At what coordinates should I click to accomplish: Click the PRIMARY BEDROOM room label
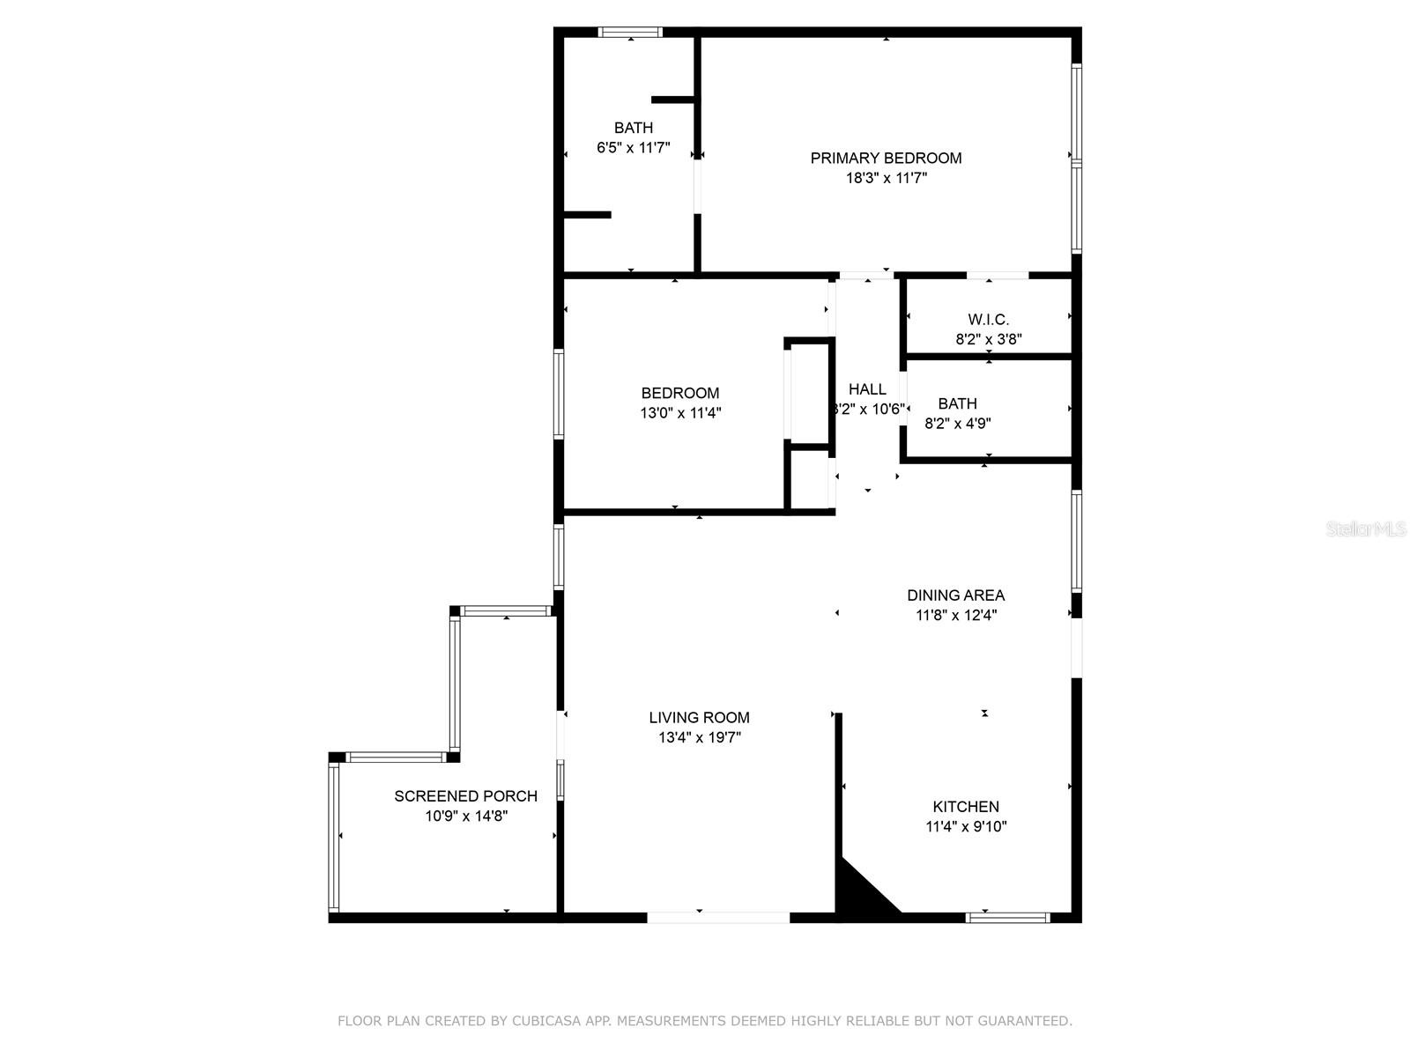pyautogui.click(x=886, y=159)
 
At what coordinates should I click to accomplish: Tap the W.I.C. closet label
pyautogui.click(x=988, y=320)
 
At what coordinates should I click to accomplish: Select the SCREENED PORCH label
pyautogui.click(x=465, y=796)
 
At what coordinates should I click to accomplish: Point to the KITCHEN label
pyautogui.click(x=966, y=807)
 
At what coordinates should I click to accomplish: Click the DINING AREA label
pyautogui.click(x=956, y=595)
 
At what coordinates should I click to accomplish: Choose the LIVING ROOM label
pyautogui.click(x=699, y=718)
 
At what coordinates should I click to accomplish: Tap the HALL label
pyautogui.click(x=867, y=389)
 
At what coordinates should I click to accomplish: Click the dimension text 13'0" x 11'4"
pyautogui.click(x=680, y=412)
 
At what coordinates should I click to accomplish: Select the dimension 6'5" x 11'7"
pyautogui.click(x=634, y=148)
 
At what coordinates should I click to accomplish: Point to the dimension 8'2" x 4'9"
pyautogui.click(x=957, y=424)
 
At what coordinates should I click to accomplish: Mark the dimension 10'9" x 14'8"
pyautogui.click(x=465, y=817)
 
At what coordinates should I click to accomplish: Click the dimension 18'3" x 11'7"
pyautogui.click(x=886, y=179)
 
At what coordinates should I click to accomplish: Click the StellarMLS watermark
pyautogui.click(x=1366, y=529)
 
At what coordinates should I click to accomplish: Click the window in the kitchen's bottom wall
pyautogui.click(x=1007, y=918)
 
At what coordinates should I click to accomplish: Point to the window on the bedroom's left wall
pyautogui.click(x=558, y=394)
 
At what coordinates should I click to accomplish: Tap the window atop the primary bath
pyautogui.click(x=629, y=32)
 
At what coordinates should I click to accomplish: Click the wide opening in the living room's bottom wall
pyautogui.click(x=717, y=918)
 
